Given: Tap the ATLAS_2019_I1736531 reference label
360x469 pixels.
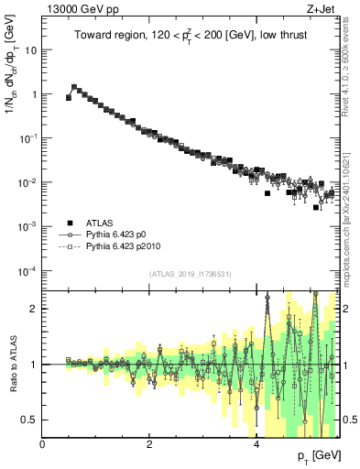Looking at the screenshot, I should [x=191, y=274].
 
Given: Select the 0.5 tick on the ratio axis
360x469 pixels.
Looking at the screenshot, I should [x=31, y=420].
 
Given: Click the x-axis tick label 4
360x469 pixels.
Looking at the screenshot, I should [x=256, y=445].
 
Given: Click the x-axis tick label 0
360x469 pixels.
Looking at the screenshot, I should [x=43, y=445].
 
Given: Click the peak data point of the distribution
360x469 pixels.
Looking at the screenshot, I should [x=74, y=87].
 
